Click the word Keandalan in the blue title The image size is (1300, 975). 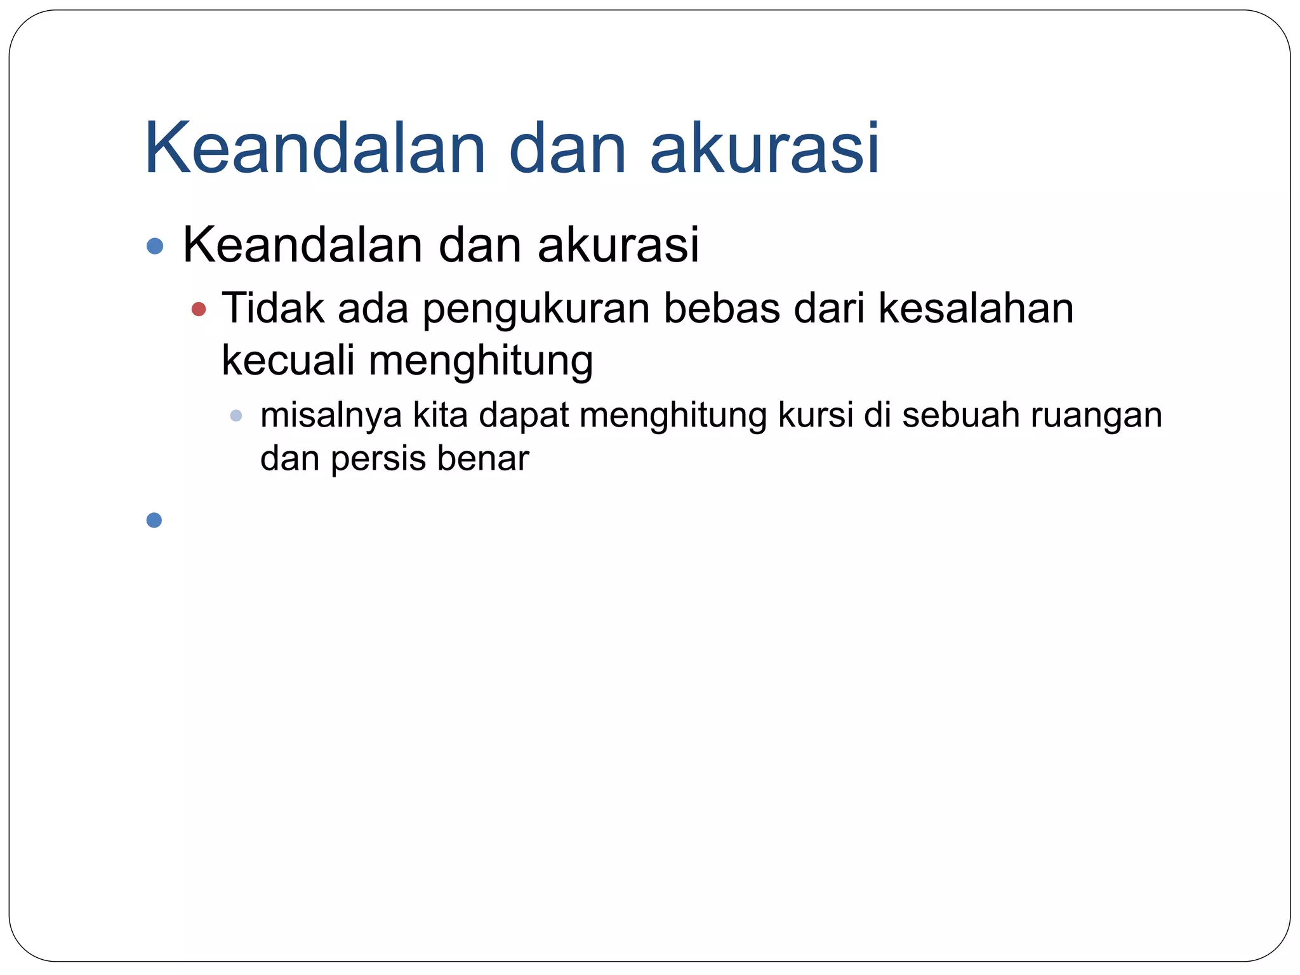(315, 149)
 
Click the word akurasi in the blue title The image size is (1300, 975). (765, 149)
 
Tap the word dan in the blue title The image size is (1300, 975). (568, 149)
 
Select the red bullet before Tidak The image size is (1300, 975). (199, 310)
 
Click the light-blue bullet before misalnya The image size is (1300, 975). (236, 416)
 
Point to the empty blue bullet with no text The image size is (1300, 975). (154, 521)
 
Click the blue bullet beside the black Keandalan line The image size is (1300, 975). (155, 246)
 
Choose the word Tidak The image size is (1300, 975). (273, 308)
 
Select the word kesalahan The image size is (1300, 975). (976, 308)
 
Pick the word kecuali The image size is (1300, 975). (288, 360)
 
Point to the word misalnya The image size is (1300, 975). (331, 416)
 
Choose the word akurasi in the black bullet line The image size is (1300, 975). (618, 245)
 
